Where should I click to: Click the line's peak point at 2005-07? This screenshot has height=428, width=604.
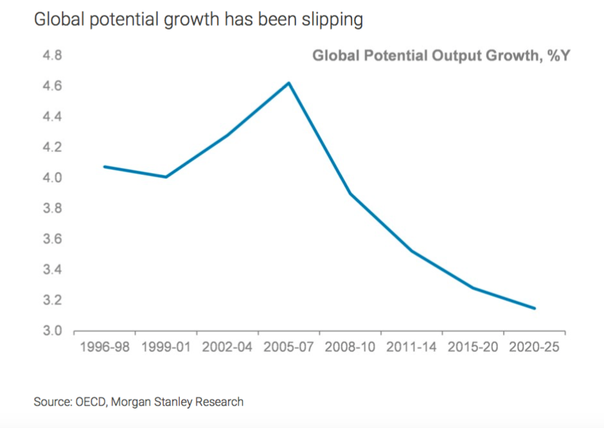[x=289, y=83]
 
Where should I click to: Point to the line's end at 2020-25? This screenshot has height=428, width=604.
[x=535, y=308]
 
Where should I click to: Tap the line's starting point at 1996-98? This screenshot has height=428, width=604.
[x=105, y=166]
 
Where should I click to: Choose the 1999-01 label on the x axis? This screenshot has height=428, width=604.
[x=166, y=348]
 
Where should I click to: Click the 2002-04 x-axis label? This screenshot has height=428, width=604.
[x=227, y=348]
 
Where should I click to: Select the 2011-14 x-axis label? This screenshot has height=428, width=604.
[x=412, y=348]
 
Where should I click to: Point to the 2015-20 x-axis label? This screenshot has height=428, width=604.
[x=474, y=348]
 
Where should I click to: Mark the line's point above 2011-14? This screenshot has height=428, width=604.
[x=412, y=251]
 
